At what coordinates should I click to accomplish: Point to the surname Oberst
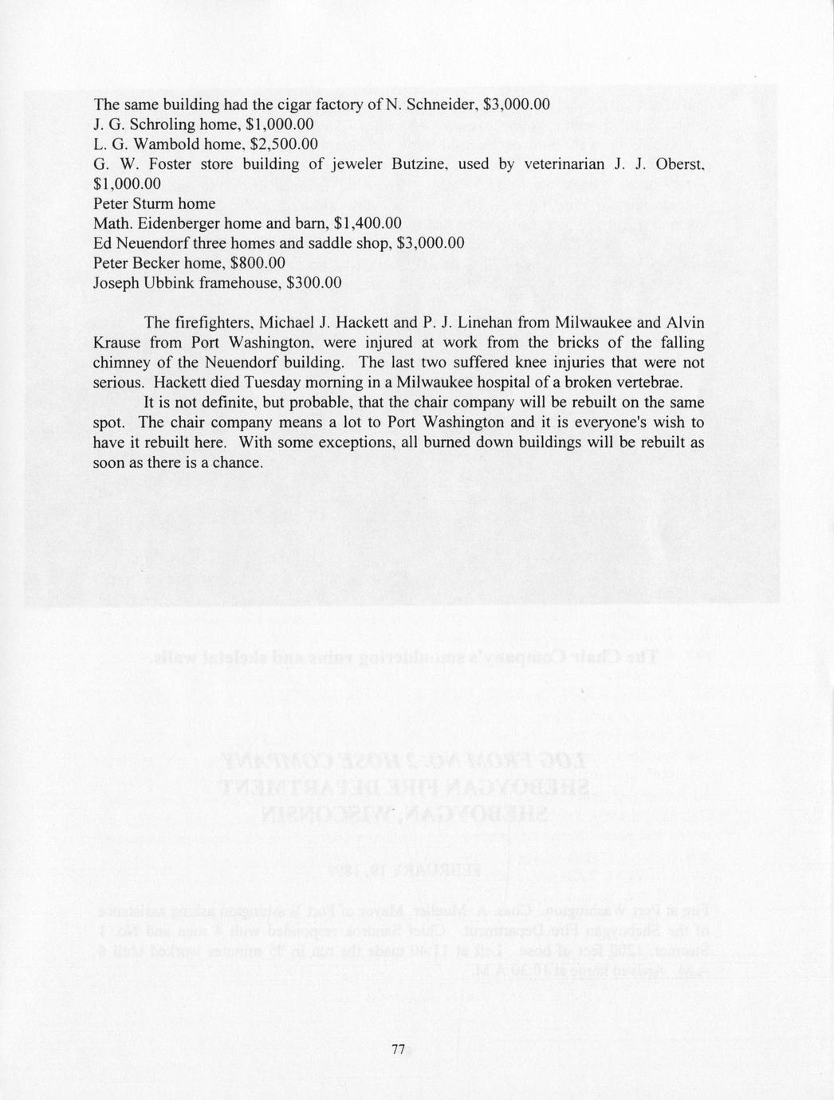pyautogui.click(x=679, y=164)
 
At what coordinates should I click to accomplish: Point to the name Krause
pyautogui.click(x=118, y=343)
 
